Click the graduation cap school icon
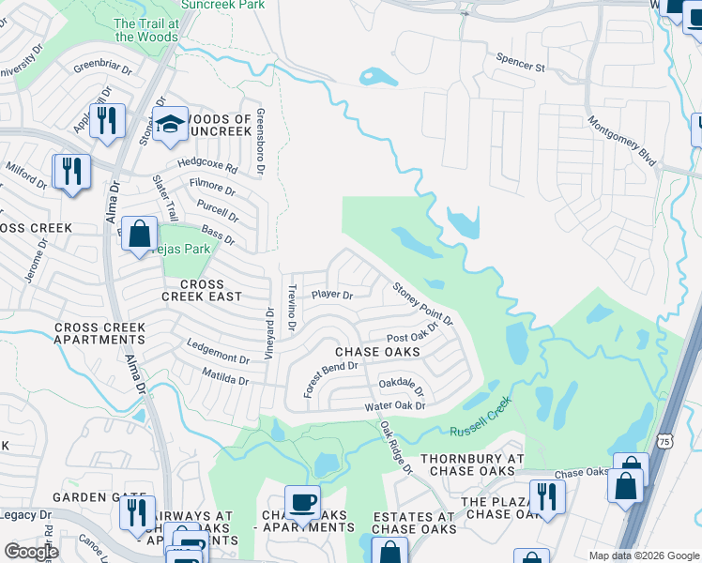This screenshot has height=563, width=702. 170,125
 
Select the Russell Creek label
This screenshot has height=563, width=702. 481,421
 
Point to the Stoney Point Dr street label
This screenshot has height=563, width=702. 422,305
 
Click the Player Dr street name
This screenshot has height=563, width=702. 332,295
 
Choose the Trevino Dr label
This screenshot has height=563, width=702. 293,308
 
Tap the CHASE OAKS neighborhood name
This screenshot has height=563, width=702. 376,351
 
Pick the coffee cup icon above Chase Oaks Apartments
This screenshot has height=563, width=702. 302,503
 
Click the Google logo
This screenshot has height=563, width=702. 31,552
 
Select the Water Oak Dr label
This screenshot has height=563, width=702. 395,406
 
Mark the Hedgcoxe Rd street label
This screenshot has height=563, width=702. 207,170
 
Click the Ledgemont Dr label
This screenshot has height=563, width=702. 217,358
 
